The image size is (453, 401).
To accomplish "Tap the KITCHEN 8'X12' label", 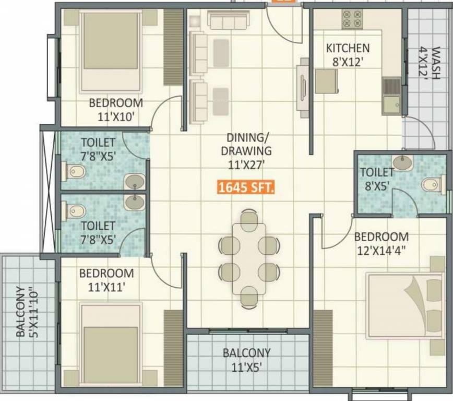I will point(348,54).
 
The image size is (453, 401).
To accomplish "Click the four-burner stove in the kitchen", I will point(352,19).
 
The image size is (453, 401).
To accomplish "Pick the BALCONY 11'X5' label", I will point(247,360).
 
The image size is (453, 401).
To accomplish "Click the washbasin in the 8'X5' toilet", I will point(402,162).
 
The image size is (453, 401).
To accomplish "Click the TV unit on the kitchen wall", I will point(303,84).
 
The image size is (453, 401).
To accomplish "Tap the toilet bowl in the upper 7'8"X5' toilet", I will point(75,171).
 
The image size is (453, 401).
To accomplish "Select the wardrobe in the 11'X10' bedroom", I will point(173,47).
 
